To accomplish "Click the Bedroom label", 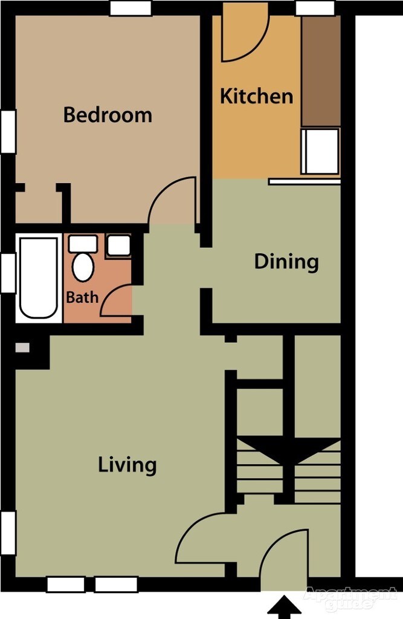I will coord(108,115).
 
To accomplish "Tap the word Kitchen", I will coord(256,96).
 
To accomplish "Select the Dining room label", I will coord(286,262).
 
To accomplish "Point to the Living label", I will coord(127,465).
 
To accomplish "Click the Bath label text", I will coord(82,297).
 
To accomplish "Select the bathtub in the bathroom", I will coord(38,277).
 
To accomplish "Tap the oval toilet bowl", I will coord(83,267).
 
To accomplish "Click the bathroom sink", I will coord(118,245).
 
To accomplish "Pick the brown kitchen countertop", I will coord(320,71).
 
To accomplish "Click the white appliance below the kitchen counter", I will coord(321,151).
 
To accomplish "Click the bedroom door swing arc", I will coord(172,199).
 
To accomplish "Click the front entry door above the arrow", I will coord(284,559).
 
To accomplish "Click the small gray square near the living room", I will coord(22,348).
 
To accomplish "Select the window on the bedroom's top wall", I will coord(131,8).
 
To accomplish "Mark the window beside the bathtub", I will coord(8,273).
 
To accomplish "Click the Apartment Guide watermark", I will coord(350,598).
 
